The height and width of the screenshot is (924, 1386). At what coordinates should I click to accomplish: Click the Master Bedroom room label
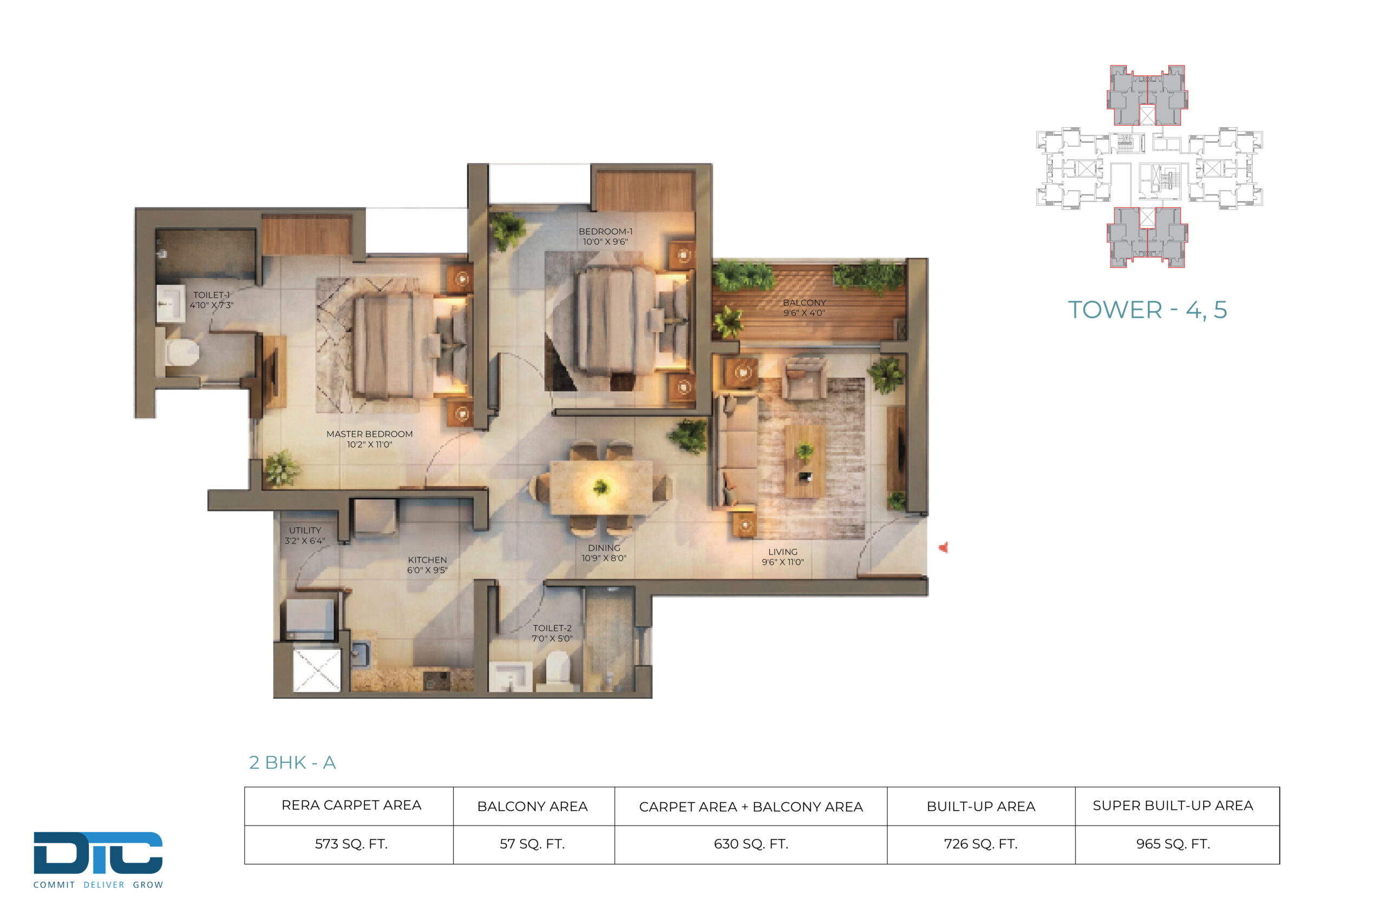pyautogui.click(x=369, y=439)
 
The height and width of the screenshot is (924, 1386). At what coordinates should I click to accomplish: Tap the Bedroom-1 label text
pyautogui.click(x=605, y=237)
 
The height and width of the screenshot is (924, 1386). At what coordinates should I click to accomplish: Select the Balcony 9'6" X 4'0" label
pyautogui.click(x=805, y=307)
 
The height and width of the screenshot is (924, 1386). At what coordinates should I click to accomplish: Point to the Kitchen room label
pyautogui.click(x=427, y=565)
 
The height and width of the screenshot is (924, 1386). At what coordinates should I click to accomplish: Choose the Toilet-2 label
pyautogui.click(x=552, y=633)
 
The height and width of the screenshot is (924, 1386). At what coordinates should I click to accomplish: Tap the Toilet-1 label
pyautogui.click(x=212, y=300)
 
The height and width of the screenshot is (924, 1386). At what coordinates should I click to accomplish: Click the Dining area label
pyautogui.click(x=604, y=553)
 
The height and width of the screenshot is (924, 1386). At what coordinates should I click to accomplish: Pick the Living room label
pyautogui.click(x=782, y=557)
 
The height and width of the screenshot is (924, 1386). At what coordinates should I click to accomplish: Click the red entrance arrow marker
pyautogui.click(x=944, y=547)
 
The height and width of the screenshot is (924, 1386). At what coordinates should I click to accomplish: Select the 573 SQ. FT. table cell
pyautogui.click(x=351, y=844)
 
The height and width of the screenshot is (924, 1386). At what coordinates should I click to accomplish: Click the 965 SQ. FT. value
pyautogui.click(x=1173, y=844)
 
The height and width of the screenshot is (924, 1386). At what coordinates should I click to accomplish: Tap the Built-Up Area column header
pyautogui.click(x=980, y=806)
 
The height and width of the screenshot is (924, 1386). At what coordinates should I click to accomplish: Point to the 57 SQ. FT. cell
pyautogui.click(x=532, y=844)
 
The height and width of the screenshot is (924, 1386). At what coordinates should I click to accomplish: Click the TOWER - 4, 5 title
pyautogui.click(x=1147, y=310)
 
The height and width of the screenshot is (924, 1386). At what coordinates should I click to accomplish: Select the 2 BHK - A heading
pyautogui.click(x=292, y=763)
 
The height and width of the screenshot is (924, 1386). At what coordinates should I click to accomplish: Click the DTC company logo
pyautogui.click(x=99, y=860)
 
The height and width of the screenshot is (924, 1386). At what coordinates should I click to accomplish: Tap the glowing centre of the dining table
pyautogui.click(x=601, y=487)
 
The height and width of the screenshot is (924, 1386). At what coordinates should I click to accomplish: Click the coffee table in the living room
pyautogui.click(x=805, y=461)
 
